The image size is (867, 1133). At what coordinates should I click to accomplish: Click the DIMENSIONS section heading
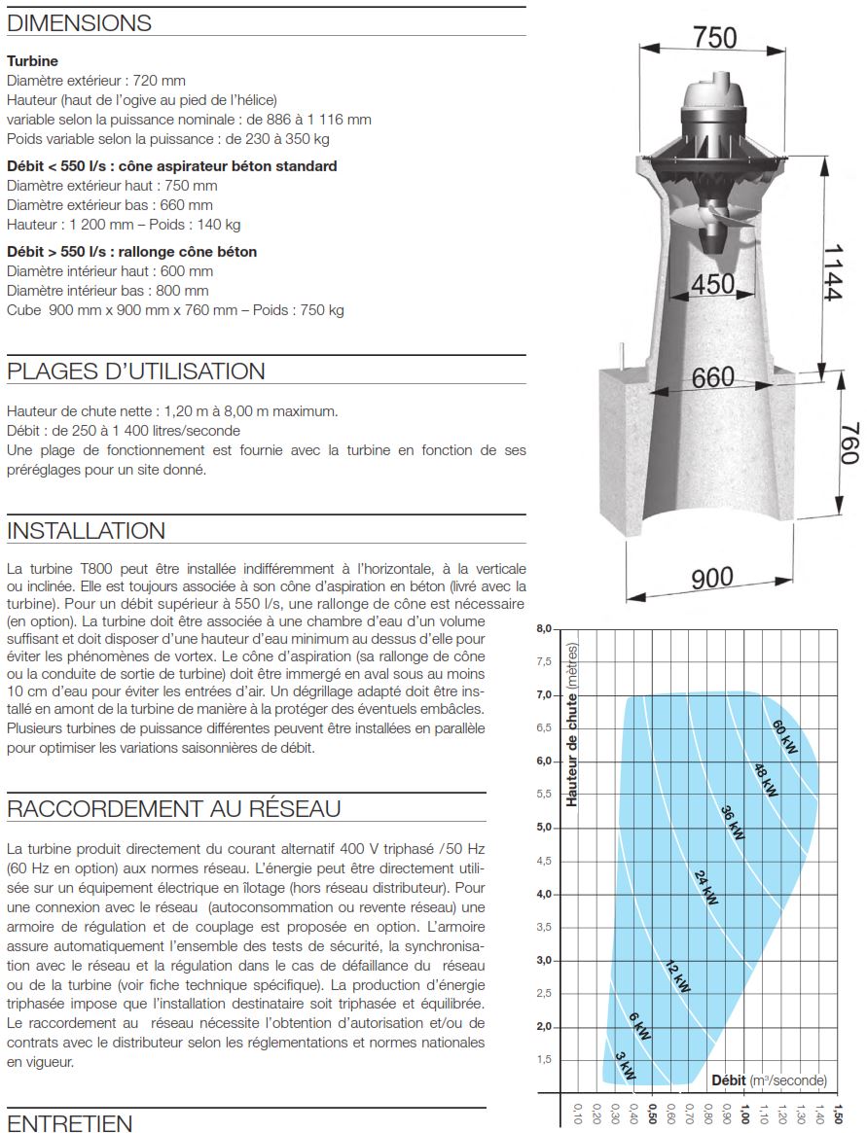79,23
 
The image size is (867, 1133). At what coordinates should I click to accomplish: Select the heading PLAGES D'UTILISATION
135,372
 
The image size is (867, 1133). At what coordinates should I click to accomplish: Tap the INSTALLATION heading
86,531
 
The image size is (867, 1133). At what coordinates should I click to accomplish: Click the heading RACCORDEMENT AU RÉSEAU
173,808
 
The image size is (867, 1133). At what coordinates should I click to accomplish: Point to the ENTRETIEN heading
69,1124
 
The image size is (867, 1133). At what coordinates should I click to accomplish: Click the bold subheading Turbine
32,61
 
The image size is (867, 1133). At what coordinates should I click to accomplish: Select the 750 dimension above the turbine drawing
715,37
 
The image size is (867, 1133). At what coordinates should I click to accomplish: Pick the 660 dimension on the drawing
712,377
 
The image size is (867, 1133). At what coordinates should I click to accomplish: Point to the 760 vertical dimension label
848,443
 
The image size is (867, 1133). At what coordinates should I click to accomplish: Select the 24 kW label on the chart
706,888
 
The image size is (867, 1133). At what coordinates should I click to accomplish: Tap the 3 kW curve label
625,1066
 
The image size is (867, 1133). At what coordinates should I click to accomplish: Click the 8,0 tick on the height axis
543,629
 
